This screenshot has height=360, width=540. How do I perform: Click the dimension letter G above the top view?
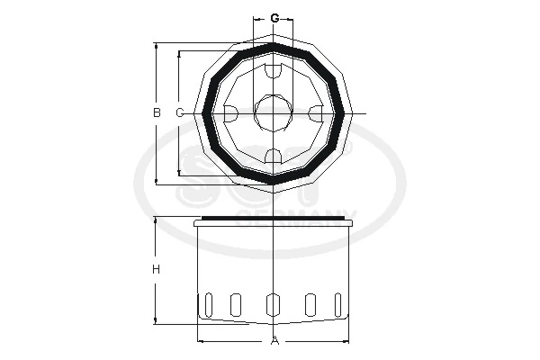(274, 18)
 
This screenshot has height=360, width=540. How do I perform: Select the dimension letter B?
(156, 112)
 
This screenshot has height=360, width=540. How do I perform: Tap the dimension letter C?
(179, 112)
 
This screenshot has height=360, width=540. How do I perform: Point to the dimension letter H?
(156, 269)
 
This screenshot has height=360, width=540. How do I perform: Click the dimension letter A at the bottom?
(275, 340)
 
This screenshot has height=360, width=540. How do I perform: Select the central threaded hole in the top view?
(274, 113)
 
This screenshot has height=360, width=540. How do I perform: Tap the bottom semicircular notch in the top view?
(274, 157)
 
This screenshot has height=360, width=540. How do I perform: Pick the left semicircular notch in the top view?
(230, 113)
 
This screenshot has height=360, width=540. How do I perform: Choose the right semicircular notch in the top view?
(317, 113)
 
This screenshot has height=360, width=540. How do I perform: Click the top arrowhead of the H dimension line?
(156, 221)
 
